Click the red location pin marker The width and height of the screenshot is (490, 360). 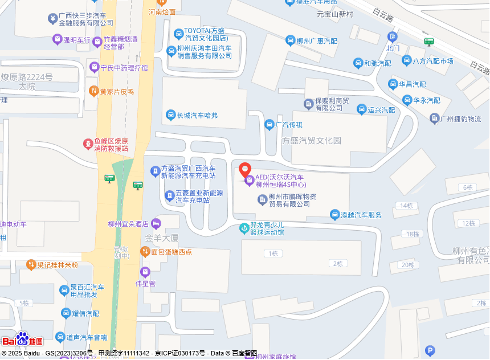pos(245,169)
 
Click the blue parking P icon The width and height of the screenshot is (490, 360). pos(431,350)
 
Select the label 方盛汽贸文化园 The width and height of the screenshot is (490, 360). pos(311,141)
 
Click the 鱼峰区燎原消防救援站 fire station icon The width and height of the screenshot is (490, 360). pos(88,144)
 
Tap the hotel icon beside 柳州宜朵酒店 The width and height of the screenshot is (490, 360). pos(156,223)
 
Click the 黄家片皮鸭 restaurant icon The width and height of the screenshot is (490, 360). pos(94,91)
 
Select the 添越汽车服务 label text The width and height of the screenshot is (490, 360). pos(361,215)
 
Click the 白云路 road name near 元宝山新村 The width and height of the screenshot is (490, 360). pos(383,15)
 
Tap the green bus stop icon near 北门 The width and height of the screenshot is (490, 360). pos(429,41)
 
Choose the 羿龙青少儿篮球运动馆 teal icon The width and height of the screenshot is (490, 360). pos(244,228)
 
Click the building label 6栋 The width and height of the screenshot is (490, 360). pos(468,187)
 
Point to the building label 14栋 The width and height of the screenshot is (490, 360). pos(406,206)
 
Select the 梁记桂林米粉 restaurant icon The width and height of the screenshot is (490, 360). pos(31,265)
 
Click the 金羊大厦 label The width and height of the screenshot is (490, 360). pos(162,238)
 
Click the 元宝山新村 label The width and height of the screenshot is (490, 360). pos(335,14)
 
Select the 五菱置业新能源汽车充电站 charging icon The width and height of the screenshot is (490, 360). pos(169,196)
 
